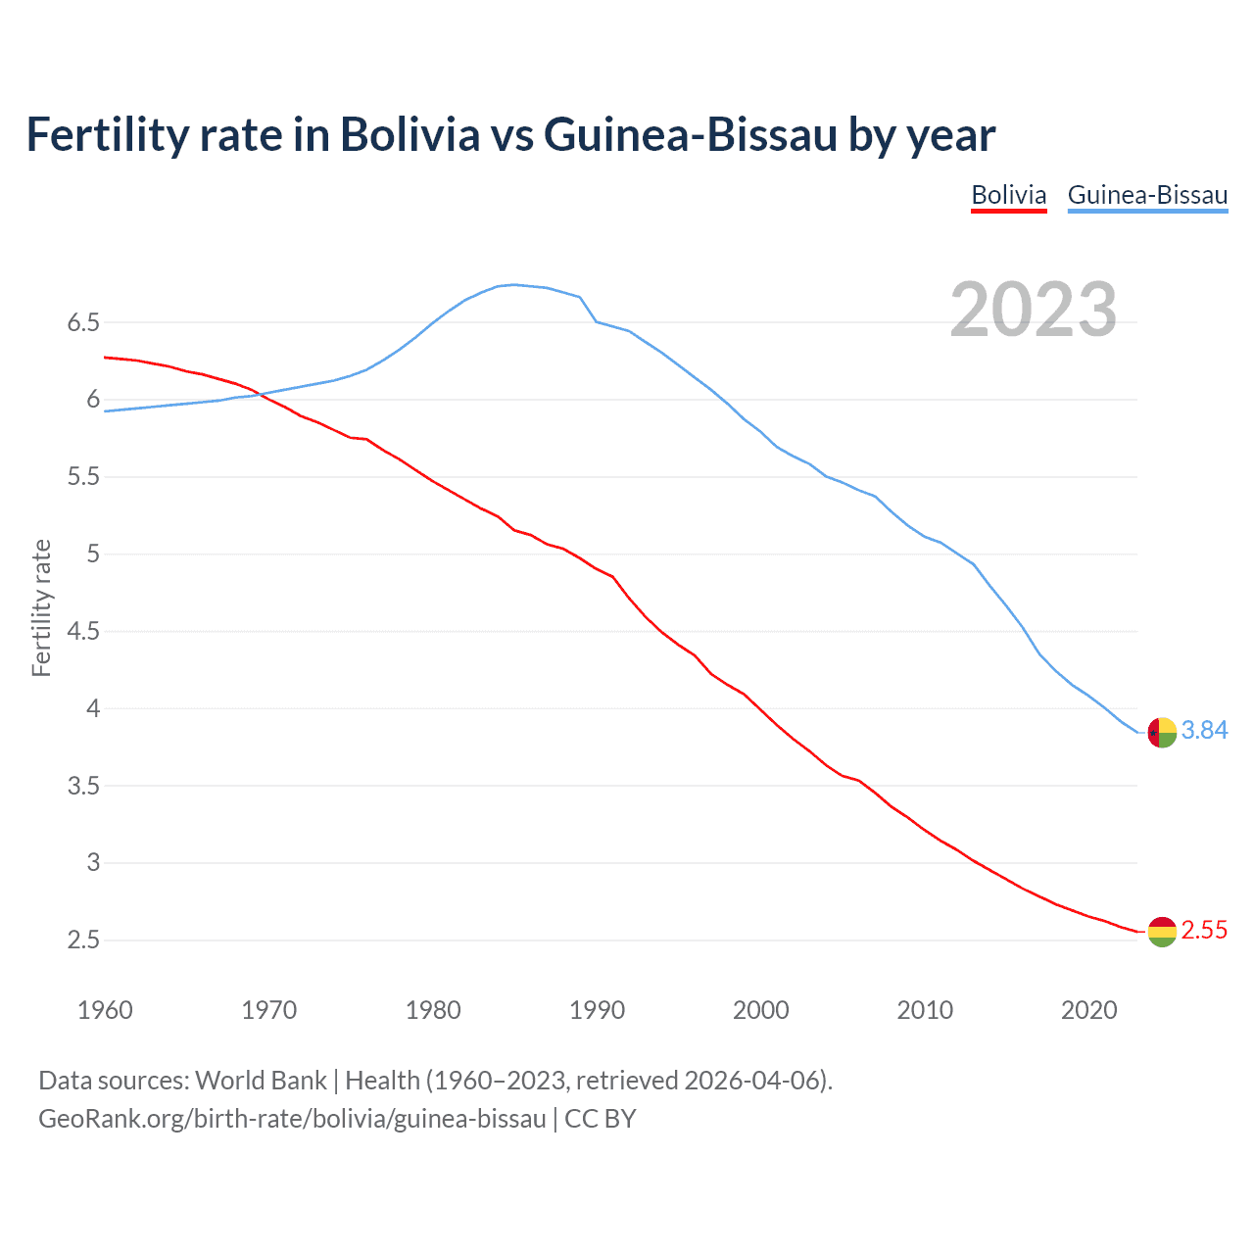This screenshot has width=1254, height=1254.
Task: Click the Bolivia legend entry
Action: pos(1008,195)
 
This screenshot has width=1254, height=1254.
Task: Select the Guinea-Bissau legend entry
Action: pos(1147,195)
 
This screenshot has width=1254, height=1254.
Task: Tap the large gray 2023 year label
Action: pos(1034,310)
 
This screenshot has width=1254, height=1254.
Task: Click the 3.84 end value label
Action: pos(1204,730)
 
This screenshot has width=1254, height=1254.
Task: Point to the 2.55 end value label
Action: pos(1204,930)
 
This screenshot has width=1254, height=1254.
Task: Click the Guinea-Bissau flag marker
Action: pos(1161,732)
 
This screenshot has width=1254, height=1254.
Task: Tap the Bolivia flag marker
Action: pos(1161,932)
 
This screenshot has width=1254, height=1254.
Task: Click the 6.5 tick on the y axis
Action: pos(83,322)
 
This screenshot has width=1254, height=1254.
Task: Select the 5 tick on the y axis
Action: pos(93,554)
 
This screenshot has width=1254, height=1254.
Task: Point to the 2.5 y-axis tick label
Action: pos(83,940)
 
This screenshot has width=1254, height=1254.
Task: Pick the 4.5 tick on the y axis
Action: pos(83,631)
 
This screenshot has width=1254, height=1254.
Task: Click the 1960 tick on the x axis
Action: pos(105,1010)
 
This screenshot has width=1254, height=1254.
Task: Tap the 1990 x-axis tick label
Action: pos(597,1010)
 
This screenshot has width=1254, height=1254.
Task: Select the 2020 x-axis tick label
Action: pos(1088,1010)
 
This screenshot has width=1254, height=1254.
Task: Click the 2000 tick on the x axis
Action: pos(760,1010)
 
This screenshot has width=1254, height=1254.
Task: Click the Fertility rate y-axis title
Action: pos(41,607)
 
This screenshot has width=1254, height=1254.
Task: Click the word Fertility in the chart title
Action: pos(106,134)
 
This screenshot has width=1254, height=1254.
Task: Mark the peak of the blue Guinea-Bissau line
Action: pos(515,284)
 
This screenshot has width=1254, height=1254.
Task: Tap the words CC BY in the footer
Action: pos(601,1119)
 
